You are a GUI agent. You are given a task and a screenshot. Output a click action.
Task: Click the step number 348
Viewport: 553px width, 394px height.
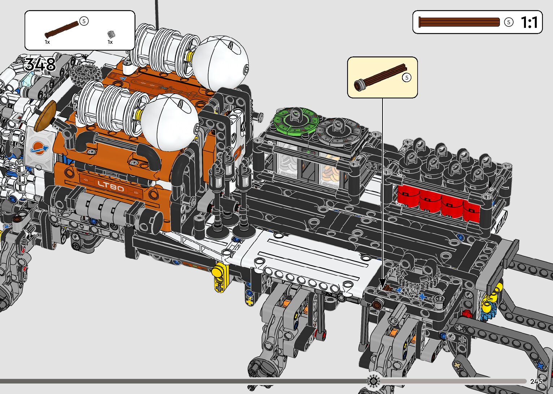click(40, 64)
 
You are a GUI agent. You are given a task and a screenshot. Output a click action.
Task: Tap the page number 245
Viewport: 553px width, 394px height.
click(536, 381)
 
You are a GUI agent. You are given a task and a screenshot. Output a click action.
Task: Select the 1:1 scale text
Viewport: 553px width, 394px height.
click(529, 22)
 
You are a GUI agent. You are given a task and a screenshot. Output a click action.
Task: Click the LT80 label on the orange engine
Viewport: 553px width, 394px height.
click(111, 186)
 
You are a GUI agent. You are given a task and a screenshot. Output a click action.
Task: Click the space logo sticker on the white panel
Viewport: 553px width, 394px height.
click(39, 148)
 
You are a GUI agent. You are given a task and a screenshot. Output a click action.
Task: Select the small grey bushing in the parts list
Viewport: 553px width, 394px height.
click(111, 34)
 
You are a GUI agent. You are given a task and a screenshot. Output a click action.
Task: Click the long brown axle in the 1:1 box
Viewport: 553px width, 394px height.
click(459, 22)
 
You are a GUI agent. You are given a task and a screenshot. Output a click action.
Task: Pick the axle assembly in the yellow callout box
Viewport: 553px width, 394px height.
click(380, 77)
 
